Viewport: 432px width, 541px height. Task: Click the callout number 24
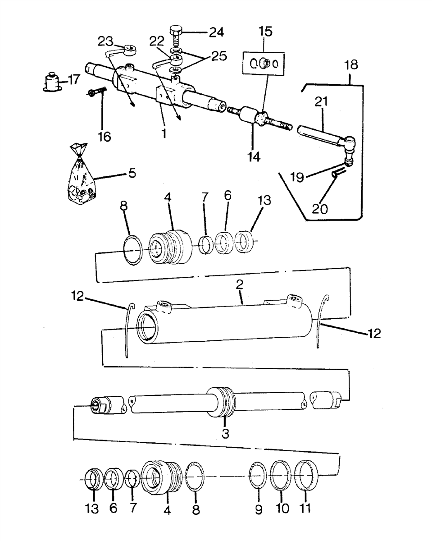(217, 32)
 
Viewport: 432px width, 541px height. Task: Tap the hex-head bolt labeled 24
(176, 35)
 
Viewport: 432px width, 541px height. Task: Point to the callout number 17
(73, 80)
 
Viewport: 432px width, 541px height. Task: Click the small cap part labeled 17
(53, 82)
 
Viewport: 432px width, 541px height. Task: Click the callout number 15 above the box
(265, 32)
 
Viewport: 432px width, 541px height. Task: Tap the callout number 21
(321, 101)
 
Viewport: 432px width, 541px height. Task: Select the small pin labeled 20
(339, 173)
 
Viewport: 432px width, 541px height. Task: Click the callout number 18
(351, 64)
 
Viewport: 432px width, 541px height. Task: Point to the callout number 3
(225, 434)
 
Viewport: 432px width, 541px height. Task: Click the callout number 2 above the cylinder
(240, 284)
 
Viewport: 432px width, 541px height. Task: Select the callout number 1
(164, 133)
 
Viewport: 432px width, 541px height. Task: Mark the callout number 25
(219, 55)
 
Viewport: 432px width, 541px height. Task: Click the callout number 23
(105, 41)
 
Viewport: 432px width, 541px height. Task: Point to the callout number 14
(254, 156)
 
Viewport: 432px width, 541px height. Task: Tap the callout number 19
(297, 177)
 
